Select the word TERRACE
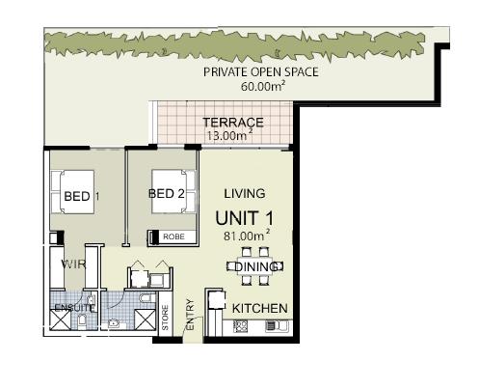point(232,123)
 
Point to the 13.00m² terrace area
point(229,136)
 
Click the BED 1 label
point(79,197)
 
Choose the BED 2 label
point(166,194)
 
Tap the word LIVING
point(244,194)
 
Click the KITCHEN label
point(260,308)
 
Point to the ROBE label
point(173,236)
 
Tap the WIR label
point(75,264)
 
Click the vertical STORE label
point(166,320)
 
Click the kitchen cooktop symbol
point(242,326)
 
